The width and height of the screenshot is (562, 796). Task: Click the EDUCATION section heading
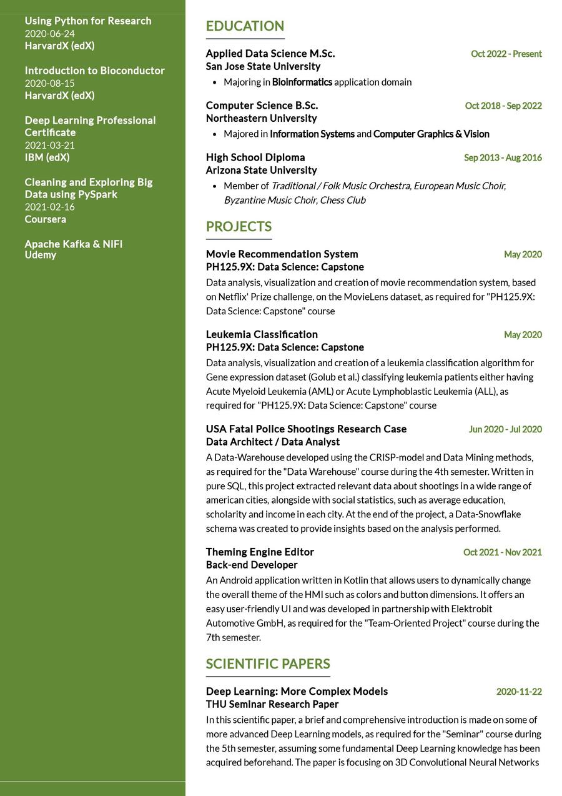(245, 26)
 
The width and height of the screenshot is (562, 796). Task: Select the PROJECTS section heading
(239, 227)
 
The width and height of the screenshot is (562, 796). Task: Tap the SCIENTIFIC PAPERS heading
(268, 664)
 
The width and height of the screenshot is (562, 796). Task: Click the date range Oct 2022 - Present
(506, 54)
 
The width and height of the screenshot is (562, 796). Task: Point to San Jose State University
(263, 67)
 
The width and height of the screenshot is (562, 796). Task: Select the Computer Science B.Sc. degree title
(262, 106)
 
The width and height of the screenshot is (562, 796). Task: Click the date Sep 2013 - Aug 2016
(503, 158)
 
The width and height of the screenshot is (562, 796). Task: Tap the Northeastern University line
(261, 119)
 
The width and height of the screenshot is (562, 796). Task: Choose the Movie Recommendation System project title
(282, 254)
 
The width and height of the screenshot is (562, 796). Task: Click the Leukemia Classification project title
(262, 335)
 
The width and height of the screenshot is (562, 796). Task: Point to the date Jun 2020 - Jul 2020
(505, 430)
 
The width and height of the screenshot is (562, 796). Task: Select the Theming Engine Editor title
(260, 552)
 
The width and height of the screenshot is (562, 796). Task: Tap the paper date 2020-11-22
(518, 692)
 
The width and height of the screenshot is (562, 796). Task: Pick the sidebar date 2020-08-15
(49, 84)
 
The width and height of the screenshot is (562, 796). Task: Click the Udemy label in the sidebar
(41, 256)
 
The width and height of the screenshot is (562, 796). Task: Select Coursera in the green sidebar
(45, 219)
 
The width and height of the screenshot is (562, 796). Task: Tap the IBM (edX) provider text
(47, 157)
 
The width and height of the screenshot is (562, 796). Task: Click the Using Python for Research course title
(88, 21)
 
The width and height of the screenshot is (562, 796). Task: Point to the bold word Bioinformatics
(302, 82)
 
